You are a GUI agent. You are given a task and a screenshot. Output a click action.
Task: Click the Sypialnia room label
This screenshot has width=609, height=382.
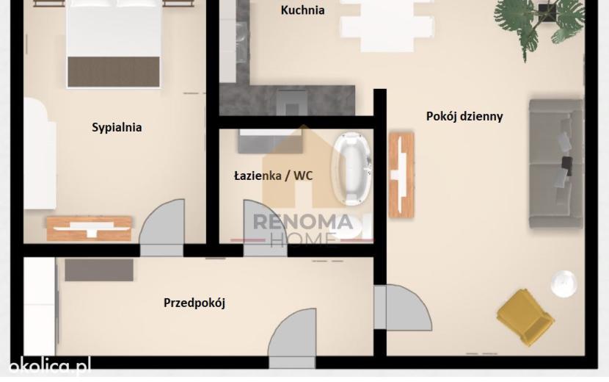pyautogui.click(x=117, y=128)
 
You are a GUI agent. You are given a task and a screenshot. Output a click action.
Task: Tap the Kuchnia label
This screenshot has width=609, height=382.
pyautogui.click(x=302, y=10)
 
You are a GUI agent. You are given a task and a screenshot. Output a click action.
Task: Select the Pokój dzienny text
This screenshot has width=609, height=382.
pyautogui.click(x=464, y=116)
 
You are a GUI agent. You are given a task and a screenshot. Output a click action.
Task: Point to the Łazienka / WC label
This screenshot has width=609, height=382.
pyautogui.click(x=273, y=176)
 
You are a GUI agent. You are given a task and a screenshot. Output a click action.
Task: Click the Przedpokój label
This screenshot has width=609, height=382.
pyautogui.click(x=194, y=303)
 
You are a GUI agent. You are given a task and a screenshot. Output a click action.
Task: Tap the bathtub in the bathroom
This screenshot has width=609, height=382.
pyautogui.click(x=352, y=169)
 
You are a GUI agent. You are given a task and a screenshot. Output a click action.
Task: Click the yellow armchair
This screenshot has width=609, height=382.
pyautogui.click(x=525, y=317)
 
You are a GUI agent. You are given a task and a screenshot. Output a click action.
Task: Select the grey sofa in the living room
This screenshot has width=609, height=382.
pyautogui.click(x=556, y=163)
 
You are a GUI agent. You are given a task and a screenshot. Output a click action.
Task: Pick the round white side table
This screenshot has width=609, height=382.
pyautogui.click(x=564, y=284)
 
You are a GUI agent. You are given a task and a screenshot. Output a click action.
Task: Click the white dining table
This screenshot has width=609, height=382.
pyautogui.click(x=387, y=25)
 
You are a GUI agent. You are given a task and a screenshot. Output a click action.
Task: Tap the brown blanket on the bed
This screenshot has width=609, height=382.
pyautogui.click(x=114, y=72)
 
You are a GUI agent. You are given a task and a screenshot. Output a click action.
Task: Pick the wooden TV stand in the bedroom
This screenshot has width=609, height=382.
pyautogui.click(x=90, y=228)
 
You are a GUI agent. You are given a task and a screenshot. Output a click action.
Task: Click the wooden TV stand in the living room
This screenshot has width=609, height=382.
pyautogui.click(x=401, y=175)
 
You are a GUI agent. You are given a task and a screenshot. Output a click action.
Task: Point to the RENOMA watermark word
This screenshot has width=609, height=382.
pyautogui.click(x=303, y=223)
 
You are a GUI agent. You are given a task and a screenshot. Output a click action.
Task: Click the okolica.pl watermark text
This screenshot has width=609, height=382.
pyautogui.click(x=50, y=366)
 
